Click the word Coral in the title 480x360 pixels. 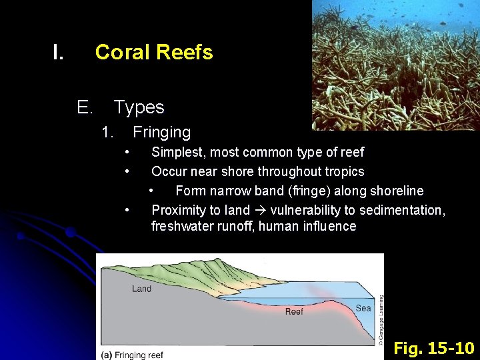[121, 52]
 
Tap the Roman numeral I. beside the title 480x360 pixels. [59, 52]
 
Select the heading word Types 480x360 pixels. [139, 107]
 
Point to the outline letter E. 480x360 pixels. [85, 107]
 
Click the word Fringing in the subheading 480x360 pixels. [161, 133]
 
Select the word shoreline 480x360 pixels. [392, 191]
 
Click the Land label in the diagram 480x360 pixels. [141, 289]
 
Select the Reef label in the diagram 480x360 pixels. [294, 311]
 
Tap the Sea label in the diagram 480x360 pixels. [363, 308]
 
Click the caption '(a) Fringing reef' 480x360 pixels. [132, 355]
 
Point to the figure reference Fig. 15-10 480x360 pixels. [433, 348]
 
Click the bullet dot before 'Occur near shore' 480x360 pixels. [126, 171]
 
